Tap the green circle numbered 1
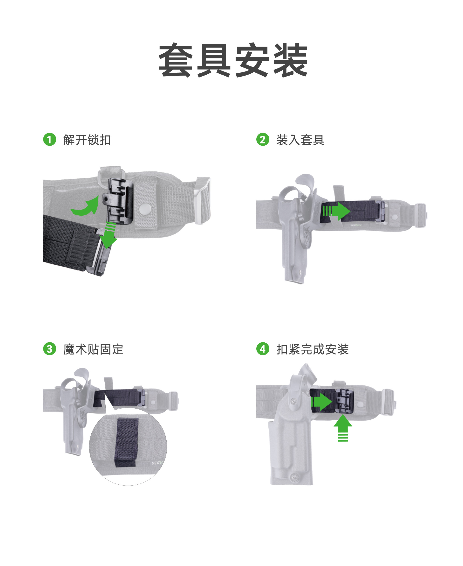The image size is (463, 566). (50, 139)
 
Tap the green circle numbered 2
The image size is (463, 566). (263, 139)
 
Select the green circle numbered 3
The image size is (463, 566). (50, 349)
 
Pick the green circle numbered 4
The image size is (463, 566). (263, 349)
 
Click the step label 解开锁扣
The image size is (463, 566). (87, 140)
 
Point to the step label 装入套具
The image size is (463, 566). (300, 140)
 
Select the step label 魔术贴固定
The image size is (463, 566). (93, 349)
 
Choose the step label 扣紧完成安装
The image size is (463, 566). (313, 349)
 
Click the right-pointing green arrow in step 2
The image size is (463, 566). (336, 211)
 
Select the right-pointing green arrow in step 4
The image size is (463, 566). (321, 402)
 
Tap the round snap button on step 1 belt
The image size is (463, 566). (145, 209)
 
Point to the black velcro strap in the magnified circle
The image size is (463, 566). (127, 442)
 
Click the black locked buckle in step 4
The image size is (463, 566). (344, 401)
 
